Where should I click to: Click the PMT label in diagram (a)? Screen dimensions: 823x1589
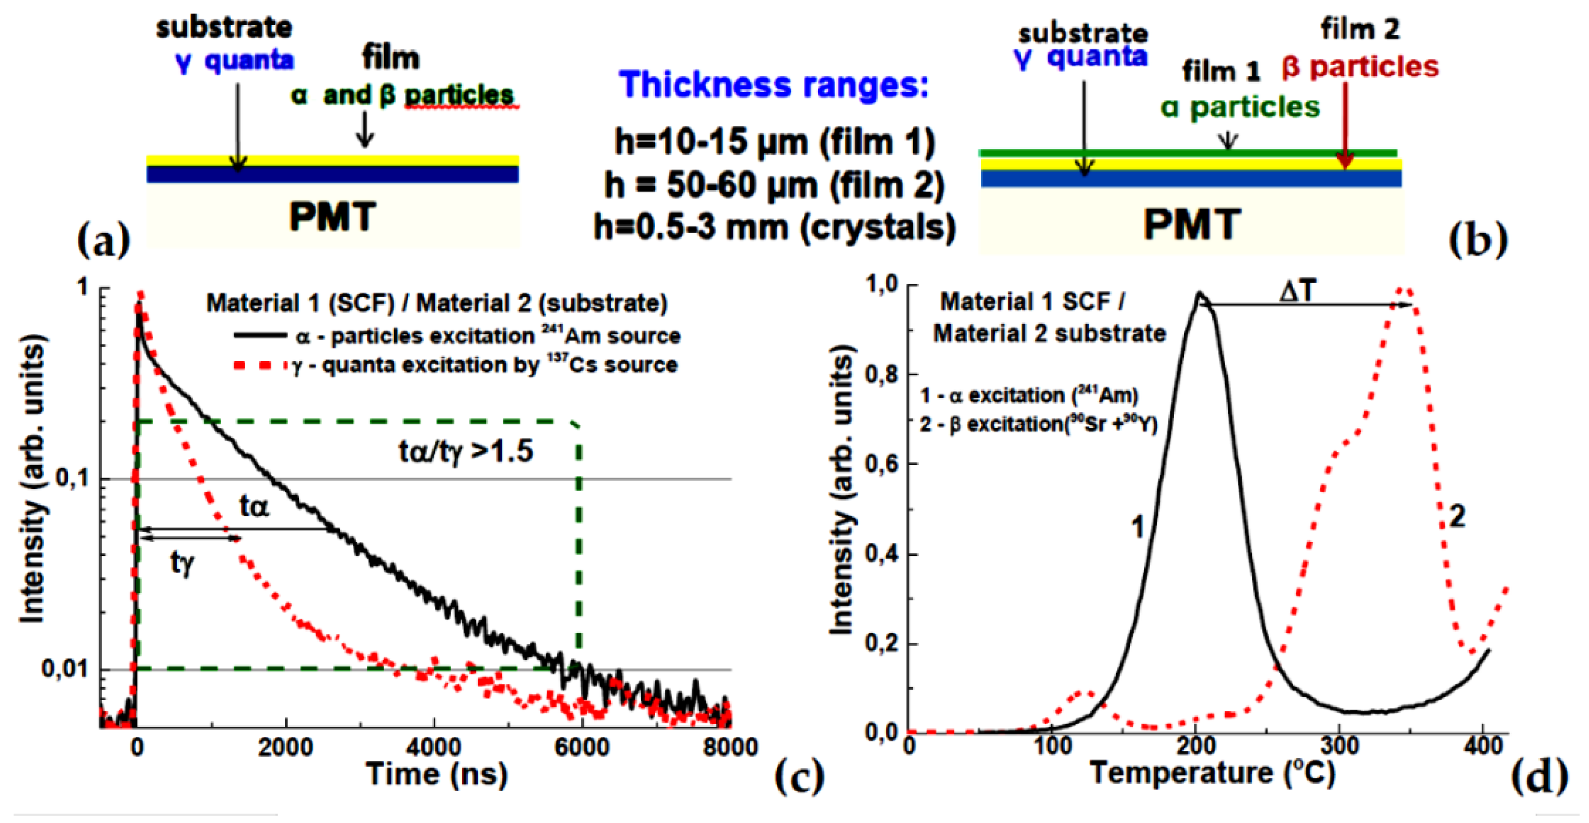332,217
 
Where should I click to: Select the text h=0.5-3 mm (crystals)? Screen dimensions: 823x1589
775,227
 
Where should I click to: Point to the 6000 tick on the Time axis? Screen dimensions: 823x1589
582,747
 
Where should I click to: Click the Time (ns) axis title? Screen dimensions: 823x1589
437,774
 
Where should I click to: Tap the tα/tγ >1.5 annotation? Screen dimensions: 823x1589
466,451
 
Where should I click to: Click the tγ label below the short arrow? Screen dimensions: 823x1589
182,562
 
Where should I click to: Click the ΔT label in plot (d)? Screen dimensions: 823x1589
1298,289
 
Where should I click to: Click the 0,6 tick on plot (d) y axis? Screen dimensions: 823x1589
882,463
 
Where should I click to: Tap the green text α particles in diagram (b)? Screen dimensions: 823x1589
1240,108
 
